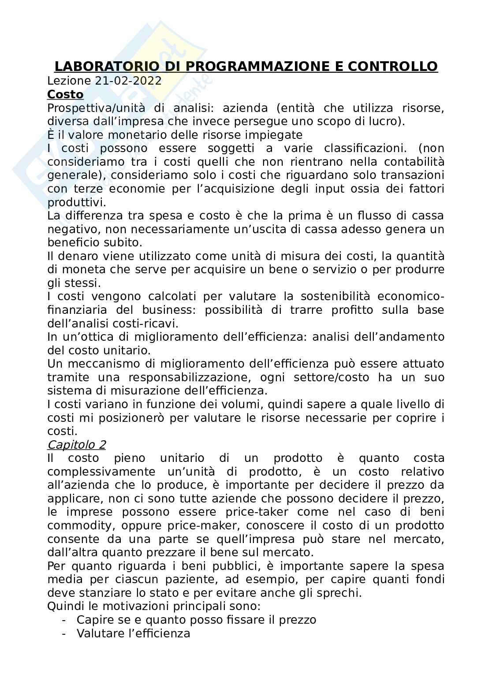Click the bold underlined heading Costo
click(x=65, y=94)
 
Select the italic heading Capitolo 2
click(x=76, y=444)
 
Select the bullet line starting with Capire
click(x=196, y=620)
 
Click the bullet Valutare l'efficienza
click(x=133, y=633)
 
